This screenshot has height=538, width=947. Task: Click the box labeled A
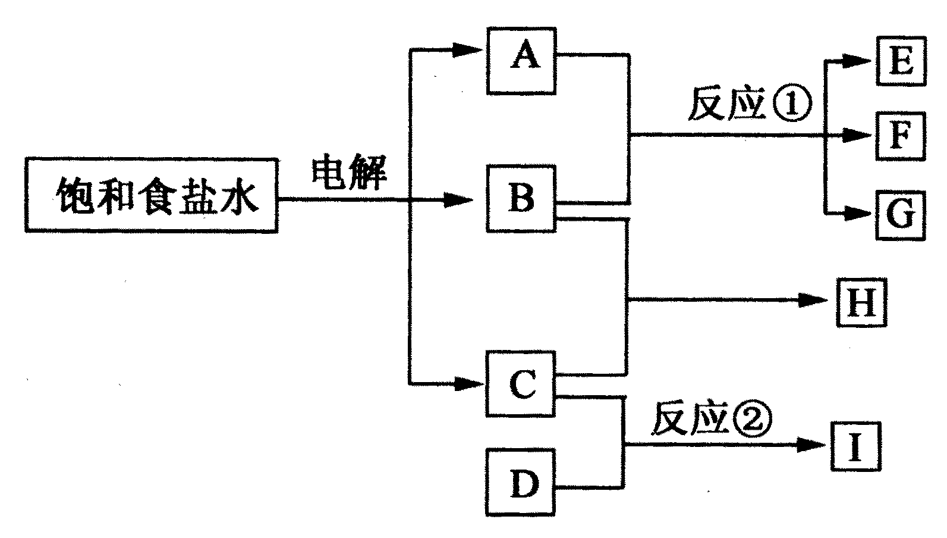[521, 61]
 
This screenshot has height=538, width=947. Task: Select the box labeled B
[521, 199]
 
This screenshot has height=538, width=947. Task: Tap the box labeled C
[521, 384]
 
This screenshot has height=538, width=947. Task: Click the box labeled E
[900, 61]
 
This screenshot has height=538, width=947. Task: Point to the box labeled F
[900, 135]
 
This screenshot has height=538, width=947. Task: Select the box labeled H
[861, 302]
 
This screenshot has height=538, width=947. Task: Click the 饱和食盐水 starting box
[152, 195]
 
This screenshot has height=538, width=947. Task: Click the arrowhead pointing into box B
[459, 201]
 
